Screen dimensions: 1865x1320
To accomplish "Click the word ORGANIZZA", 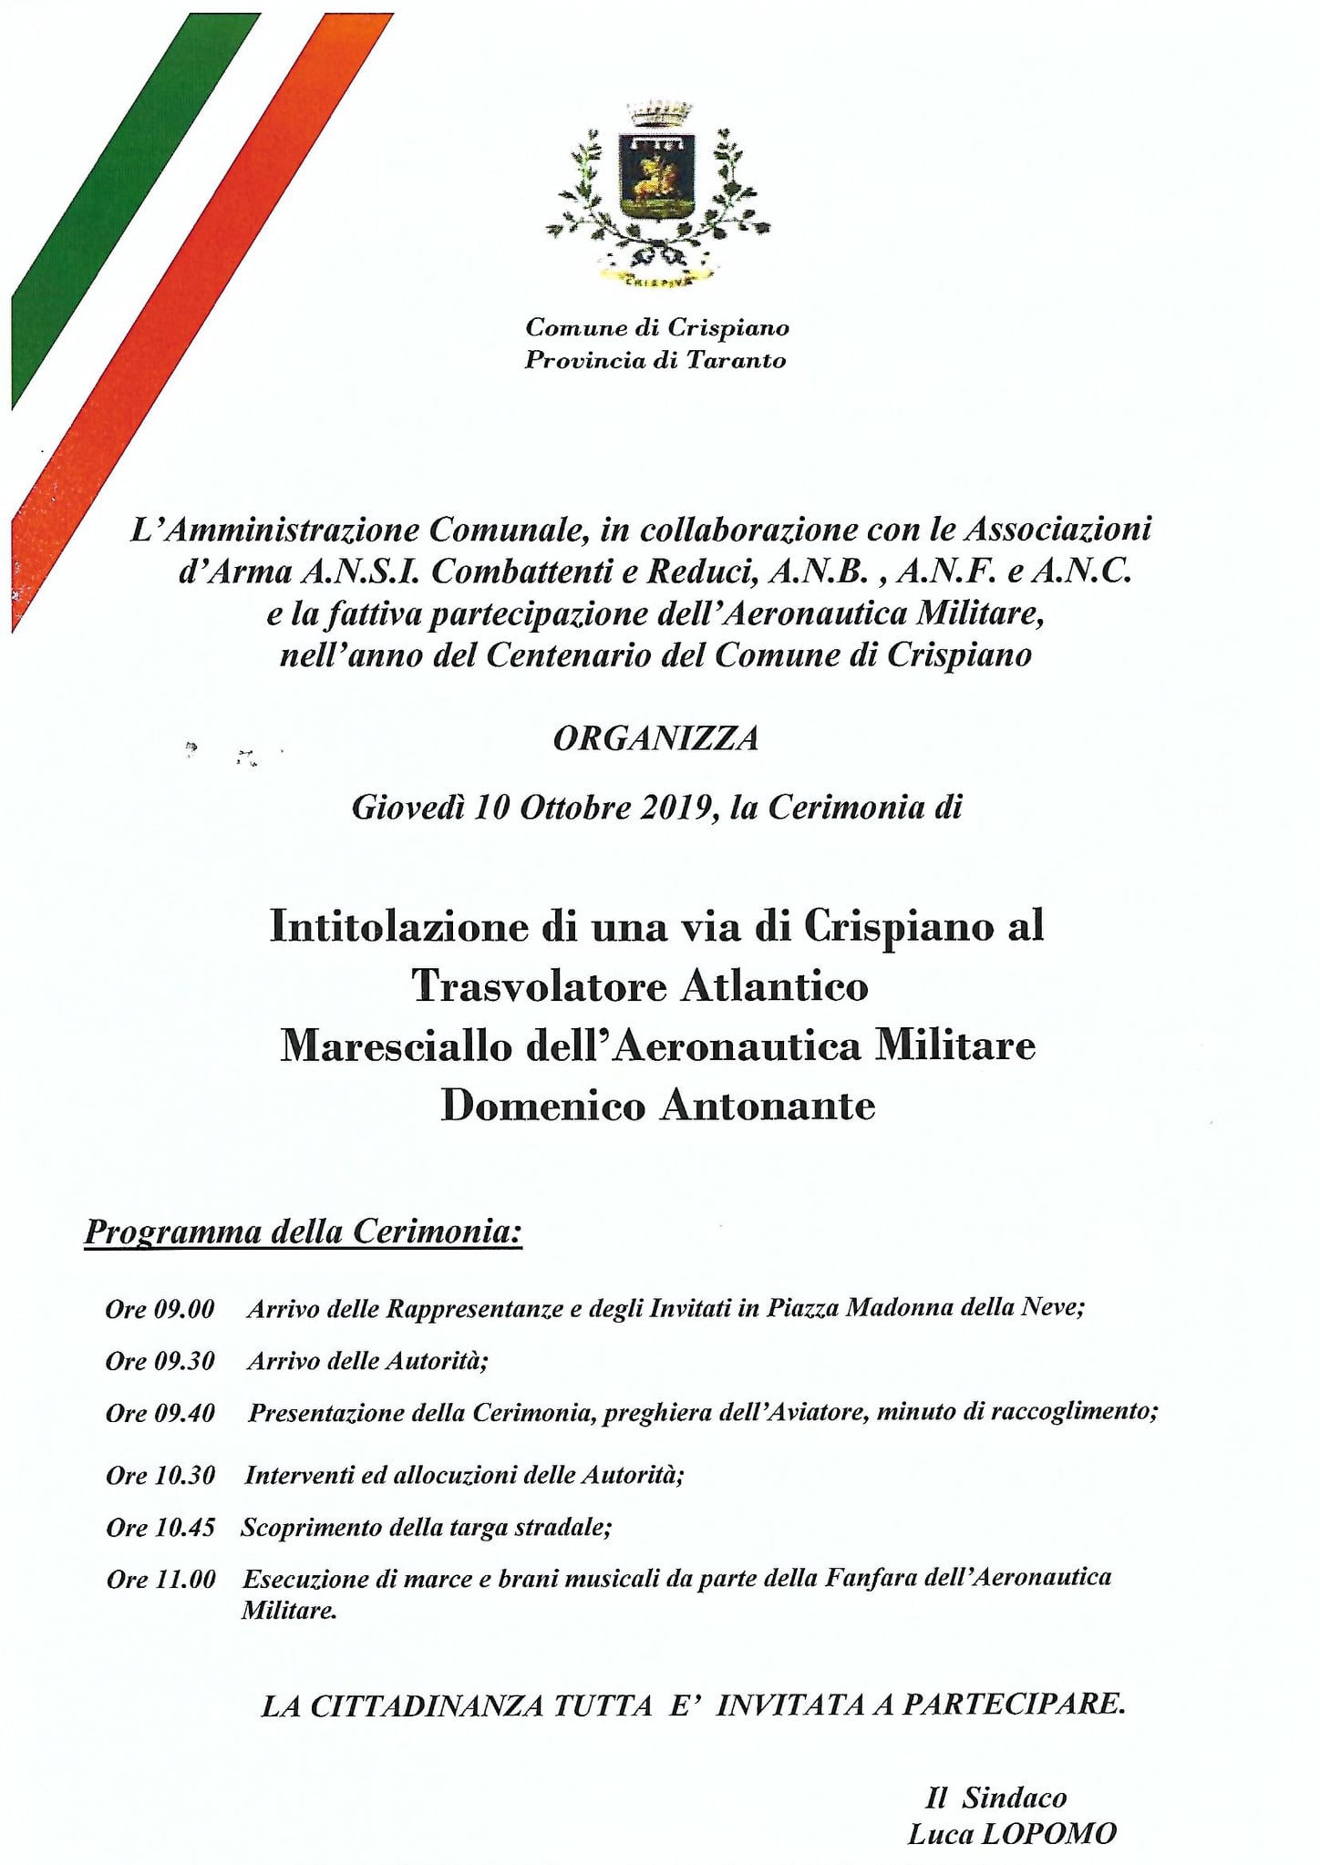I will [656, 738].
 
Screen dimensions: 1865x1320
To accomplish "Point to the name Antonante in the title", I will [768, 1107].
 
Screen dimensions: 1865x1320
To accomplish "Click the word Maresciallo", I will [397, 1046].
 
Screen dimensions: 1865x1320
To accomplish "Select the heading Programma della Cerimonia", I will [303, 1231].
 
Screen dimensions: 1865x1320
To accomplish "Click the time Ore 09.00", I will [160, 1310].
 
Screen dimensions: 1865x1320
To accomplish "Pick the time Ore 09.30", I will [160, 1362].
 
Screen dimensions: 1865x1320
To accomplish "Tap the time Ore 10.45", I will [160, 1528].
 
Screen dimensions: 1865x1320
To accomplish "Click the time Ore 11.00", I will [160, 1580].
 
